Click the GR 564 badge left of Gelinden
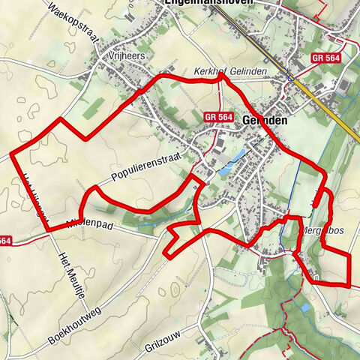click(218, 117)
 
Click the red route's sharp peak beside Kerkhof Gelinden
click(221, 73)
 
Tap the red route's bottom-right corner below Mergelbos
click(349, 285)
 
